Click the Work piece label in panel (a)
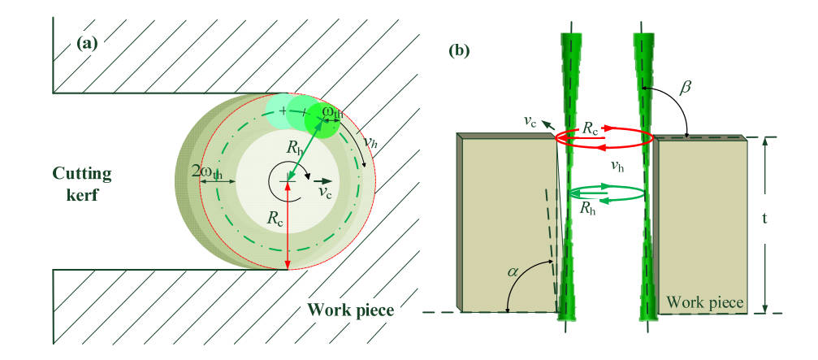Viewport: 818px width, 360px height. [x=350, y=310]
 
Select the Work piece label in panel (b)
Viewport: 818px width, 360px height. [x=704, y=303]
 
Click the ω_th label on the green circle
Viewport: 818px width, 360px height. [x=332, y=112]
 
